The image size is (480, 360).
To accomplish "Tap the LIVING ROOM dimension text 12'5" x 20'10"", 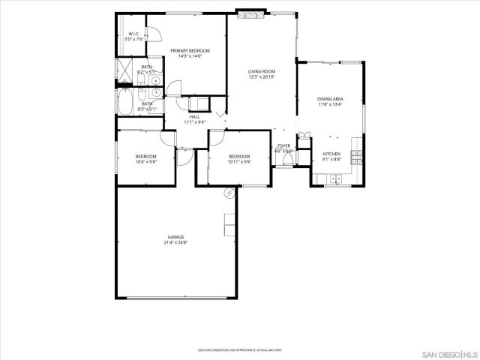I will coord(262,76).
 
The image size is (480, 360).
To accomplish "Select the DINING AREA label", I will coord(330,98).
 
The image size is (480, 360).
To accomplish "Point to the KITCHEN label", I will coord(331,153).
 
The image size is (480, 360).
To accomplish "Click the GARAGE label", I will coord(175,237).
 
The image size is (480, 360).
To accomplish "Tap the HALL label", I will coord(194,116).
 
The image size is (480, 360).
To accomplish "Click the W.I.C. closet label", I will coord(134,34).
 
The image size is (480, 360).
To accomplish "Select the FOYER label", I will coord(283,145).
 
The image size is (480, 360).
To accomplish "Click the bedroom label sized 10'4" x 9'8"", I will coord(145,156).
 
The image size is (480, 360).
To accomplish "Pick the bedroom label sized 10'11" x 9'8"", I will coord(239,156).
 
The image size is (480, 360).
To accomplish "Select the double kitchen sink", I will coord(335,179).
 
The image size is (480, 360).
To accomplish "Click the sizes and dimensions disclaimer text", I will coord(239,349).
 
